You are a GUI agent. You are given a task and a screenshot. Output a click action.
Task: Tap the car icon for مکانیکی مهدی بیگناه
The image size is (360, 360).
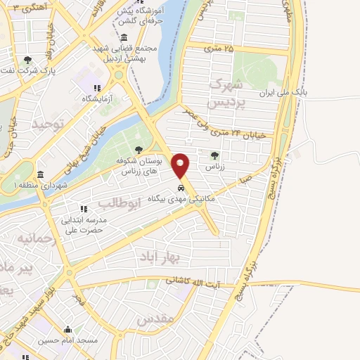(181, 188)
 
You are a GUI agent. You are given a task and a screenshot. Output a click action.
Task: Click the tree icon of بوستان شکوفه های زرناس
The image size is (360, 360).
(139, 149)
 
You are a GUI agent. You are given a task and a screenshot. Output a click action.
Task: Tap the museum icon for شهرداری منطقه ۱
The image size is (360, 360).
(40, 174)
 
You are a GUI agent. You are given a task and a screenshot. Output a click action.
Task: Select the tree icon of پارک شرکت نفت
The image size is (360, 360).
(27, 60)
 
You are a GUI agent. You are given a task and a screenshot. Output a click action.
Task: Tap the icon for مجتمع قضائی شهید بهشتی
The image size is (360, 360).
(124, 37)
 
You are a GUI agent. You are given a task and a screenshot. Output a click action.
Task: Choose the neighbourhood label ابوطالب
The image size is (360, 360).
(121, 202)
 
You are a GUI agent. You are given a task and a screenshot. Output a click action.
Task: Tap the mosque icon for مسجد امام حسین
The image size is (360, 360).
(68, 329)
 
